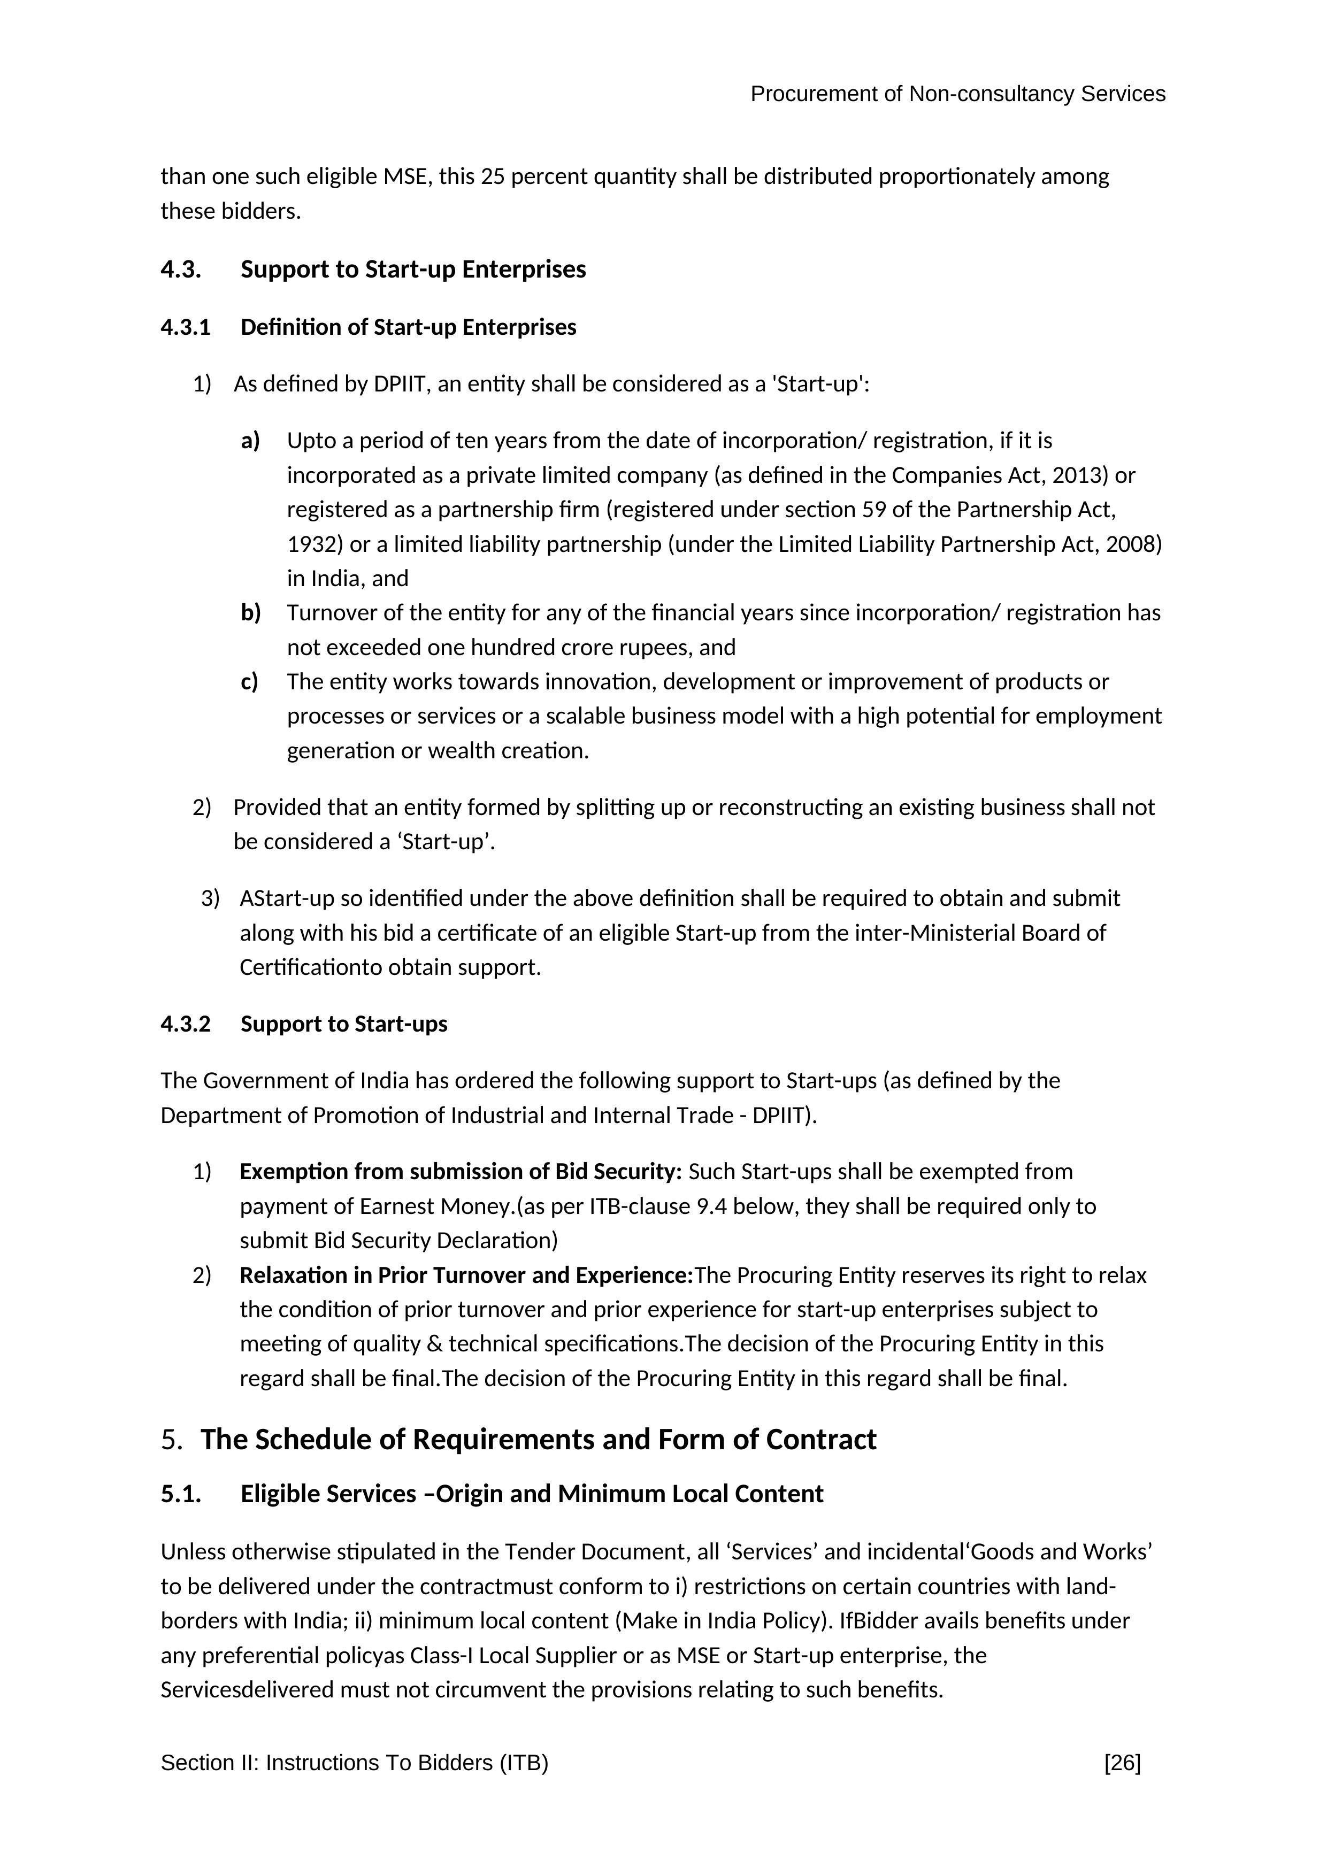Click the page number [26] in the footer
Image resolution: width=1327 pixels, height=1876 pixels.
point(1122,1763)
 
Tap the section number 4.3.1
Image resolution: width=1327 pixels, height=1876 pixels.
point(186,328)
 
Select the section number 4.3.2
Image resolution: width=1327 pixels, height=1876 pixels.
point(186,1025)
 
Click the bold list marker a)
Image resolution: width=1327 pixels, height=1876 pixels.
point(250,441)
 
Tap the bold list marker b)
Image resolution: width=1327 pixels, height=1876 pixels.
point(250,613)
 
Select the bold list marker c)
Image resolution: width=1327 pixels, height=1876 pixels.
point(249,681)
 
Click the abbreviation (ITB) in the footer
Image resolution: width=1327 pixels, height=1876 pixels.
point(524,1763)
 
